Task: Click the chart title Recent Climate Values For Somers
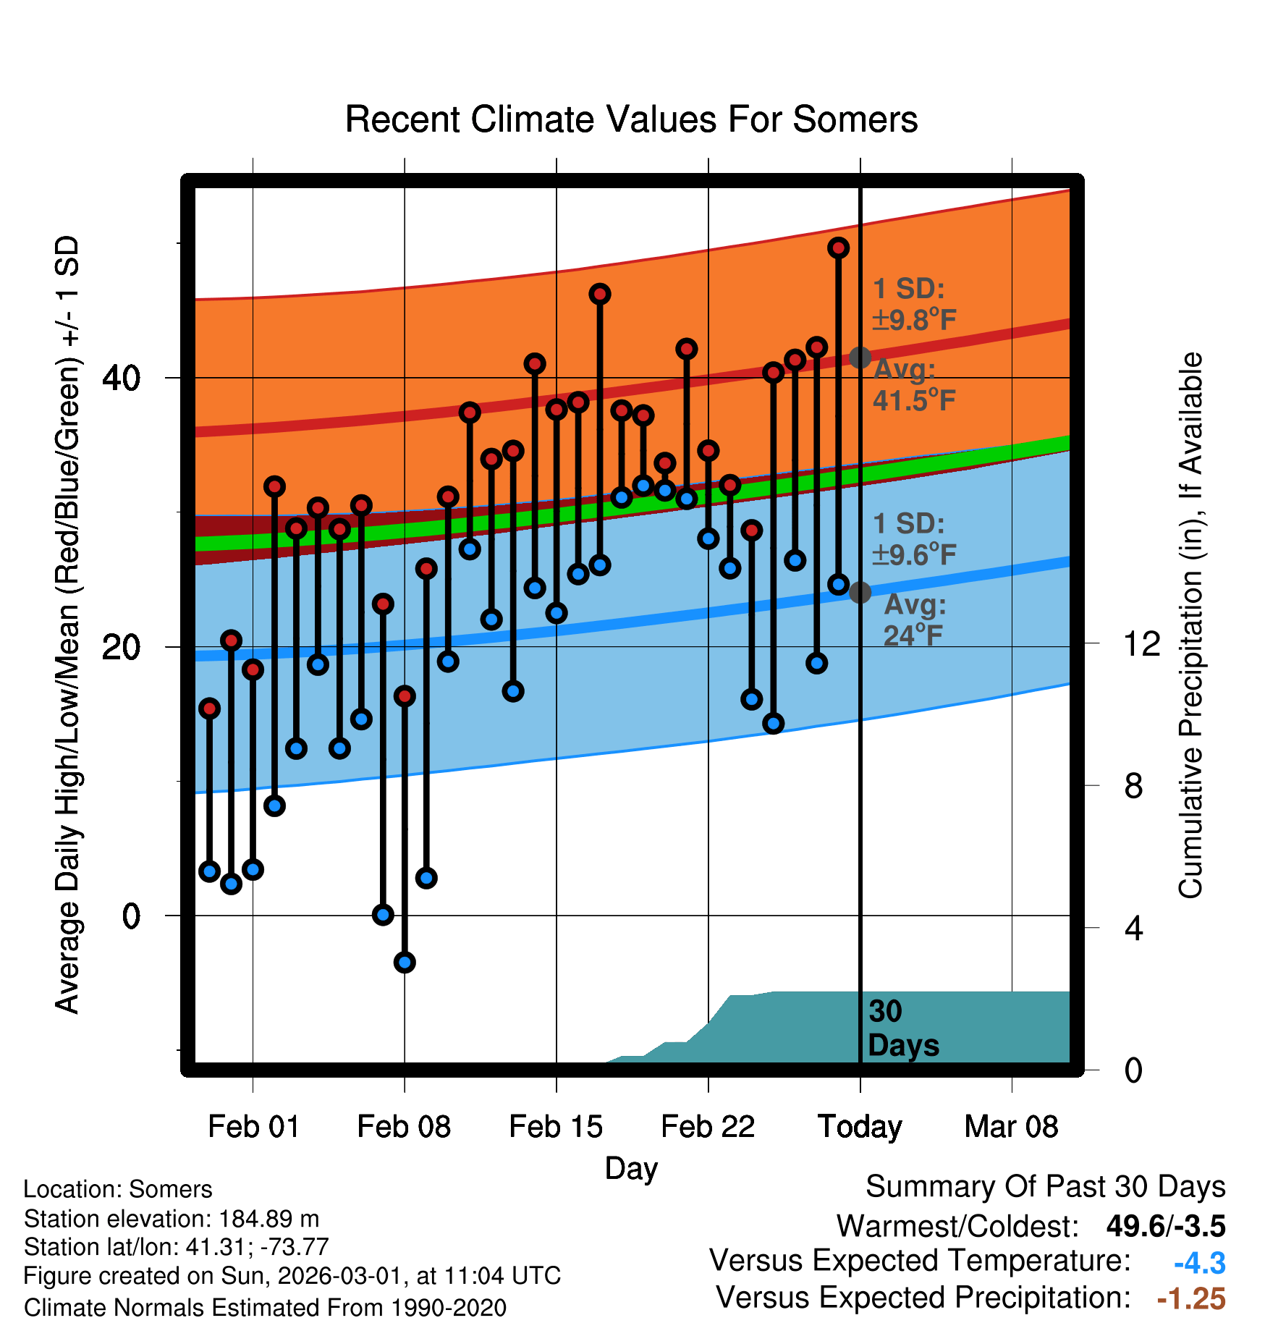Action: pos(631,120)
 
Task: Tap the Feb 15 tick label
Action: pos(556,1127)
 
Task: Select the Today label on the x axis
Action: pos(860,1127)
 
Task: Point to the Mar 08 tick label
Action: pos(1011,1127)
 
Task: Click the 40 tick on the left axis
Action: pos(122,378)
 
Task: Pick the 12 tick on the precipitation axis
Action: pos(1142,643)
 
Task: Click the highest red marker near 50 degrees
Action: pos(839,248)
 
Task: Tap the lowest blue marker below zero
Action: pos(405,962)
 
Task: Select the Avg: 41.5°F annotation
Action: pos(913,385)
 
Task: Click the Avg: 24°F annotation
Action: pos(913,620)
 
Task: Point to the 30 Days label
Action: pos(902,1028)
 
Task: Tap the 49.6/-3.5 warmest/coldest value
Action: pos(1165,1226)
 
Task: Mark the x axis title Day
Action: pos(631,1168)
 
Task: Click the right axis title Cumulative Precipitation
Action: pos(1190,626)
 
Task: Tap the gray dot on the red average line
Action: pos(860,357)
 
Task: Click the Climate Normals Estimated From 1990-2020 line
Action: pos(265,1308)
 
